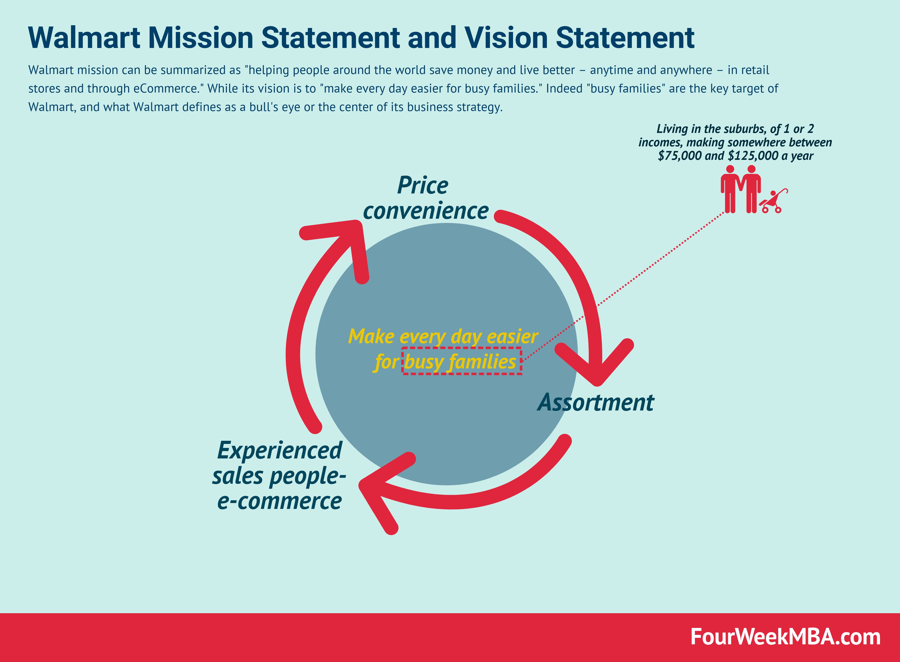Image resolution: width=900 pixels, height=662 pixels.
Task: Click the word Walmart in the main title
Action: tap(84, 38)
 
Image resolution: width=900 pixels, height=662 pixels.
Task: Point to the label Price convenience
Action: tap(425, 198)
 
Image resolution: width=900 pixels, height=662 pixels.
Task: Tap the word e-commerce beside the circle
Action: tap(279, 501)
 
